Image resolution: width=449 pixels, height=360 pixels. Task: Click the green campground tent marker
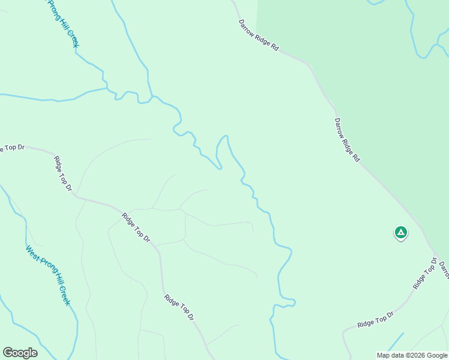coord(400,232)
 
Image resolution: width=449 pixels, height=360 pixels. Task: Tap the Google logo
coord(20,353)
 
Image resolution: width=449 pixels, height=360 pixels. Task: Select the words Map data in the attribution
coord(391,355)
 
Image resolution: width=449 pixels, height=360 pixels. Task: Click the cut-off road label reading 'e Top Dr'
coord(13,148)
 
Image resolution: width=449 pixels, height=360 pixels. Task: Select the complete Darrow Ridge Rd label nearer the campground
coord(347,139)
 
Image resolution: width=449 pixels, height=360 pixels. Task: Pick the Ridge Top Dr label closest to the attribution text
coord(375,319)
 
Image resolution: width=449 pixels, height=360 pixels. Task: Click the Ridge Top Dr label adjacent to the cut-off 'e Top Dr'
coord(62,174)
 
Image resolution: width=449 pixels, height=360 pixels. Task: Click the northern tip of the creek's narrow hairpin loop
coord(226,136)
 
